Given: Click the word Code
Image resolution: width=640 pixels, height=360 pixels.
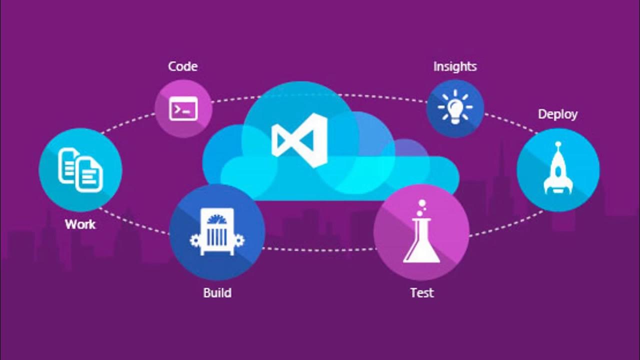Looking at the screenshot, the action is [182, 66].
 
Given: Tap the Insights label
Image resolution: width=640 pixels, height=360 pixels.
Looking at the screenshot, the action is [455, 66].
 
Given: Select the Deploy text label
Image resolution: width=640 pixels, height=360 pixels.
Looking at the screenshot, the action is [557, 114].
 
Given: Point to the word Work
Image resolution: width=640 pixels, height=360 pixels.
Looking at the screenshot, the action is [80, 224].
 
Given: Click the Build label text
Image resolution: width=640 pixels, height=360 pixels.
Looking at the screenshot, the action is [217, 292].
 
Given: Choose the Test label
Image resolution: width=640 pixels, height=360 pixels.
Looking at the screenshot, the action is [422, 292].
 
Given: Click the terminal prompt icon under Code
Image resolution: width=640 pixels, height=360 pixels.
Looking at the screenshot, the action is [183, 108].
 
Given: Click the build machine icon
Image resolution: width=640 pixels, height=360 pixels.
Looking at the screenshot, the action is [217, 233].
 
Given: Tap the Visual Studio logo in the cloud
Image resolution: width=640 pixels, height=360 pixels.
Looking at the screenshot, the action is [299, 140].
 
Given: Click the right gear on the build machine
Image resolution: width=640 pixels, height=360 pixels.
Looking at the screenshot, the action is [239, 240].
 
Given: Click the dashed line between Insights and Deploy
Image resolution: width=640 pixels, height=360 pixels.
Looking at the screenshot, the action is [510, 122].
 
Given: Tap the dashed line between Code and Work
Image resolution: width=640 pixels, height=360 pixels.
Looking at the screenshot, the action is [127, 123].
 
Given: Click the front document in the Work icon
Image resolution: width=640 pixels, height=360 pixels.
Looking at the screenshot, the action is [89, 174].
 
